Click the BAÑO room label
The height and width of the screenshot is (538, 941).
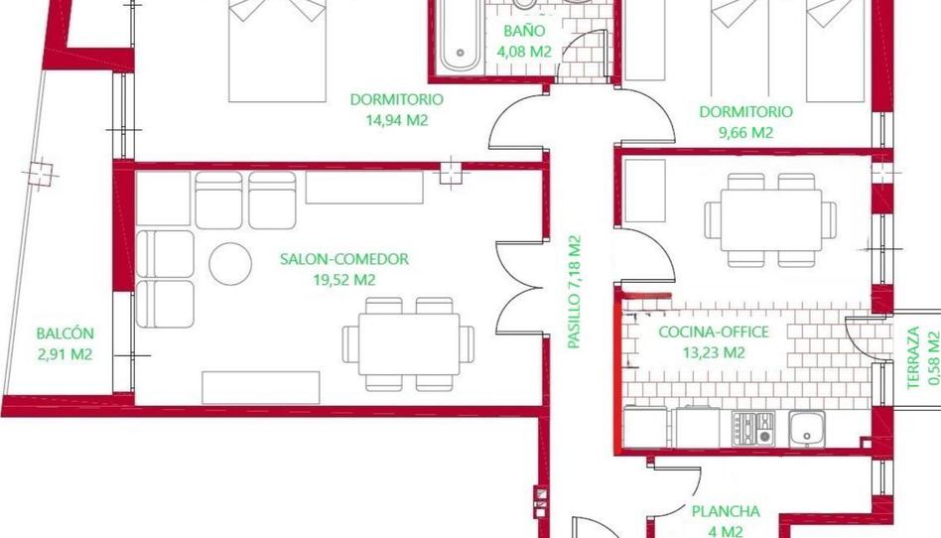click(524, 31)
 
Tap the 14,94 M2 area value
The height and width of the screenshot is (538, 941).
click(397, 120)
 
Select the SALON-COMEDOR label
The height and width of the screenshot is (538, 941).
click(343, 259)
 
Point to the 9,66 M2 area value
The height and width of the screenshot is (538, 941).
click(745, 133)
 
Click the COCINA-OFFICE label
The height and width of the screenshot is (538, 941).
click(714, 333)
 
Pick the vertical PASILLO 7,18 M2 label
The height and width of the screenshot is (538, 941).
click(575, 292)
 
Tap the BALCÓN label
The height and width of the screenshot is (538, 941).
click(65, 334)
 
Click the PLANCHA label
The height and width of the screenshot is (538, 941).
click(726, 511)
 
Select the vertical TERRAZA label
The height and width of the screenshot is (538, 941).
click(913, 358)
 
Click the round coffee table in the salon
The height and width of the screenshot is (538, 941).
click(230, 264)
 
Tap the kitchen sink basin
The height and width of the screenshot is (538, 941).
click(807, 428)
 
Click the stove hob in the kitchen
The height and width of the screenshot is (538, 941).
click(753, 428)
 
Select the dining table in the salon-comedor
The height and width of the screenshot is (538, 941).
click(409, 344)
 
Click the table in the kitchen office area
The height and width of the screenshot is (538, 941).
click(771, 220)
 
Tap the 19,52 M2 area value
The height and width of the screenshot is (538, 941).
click(343, 280)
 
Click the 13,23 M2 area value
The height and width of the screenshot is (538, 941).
click(714, 352)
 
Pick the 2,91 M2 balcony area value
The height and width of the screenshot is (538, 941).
click(65, 354)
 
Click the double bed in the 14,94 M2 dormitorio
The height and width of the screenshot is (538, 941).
click(277, 51)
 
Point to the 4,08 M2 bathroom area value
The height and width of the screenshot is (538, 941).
click(524, 52)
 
